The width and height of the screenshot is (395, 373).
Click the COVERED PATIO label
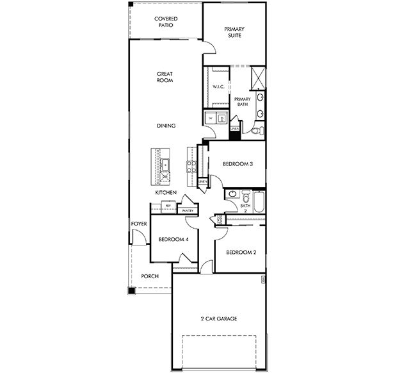point(166,22)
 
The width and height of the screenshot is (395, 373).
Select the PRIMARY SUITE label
point(235,33)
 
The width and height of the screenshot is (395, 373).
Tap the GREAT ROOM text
point(165,77)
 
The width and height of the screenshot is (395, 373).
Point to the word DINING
point(166,126)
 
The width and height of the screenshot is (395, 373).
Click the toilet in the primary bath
point(255,131)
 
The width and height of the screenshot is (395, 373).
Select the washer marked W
point(210,119)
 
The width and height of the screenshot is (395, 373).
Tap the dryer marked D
point(222,119)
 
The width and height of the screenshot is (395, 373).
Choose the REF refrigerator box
point(168,206)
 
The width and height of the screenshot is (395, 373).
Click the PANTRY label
point(188,210)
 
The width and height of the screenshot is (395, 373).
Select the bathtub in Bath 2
point(259,203)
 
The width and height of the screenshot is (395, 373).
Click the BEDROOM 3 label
point(238,164)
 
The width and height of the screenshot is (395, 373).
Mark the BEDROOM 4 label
point(173,240)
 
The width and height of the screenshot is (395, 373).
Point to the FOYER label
point(140,224)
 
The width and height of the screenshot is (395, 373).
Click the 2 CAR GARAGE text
point(219,319)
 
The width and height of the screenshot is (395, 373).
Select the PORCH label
point(150,276)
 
